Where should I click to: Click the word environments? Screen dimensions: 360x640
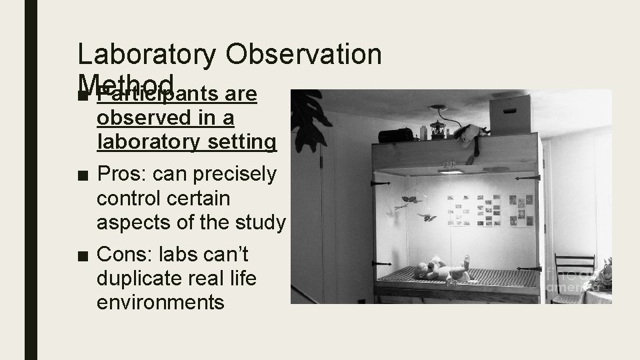coord(160,302)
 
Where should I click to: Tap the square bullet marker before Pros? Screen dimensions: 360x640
coord(81,175)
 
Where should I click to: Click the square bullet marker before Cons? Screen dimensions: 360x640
coord(81,254)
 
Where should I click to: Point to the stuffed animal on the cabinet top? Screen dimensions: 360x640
coord(470,133)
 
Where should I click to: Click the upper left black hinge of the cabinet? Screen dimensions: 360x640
coord(379,182)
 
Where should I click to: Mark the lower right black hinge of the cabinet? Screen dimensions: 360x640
coord(533,267)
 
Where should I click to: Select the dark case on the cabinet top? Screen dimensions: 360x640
coord(397,135)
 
